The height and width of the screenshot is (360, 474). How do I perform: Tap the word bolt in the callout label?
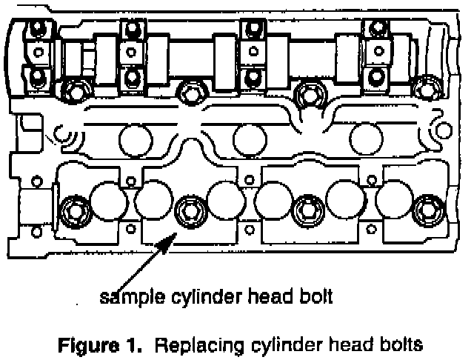316,298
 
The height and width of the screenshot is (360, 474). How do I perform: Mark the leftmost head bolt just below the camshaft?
71,93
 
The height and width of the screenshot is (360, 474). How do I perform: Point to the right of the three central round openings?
364,137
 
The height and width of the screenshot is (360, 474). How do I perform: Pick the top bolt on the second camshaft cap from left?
132,30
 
